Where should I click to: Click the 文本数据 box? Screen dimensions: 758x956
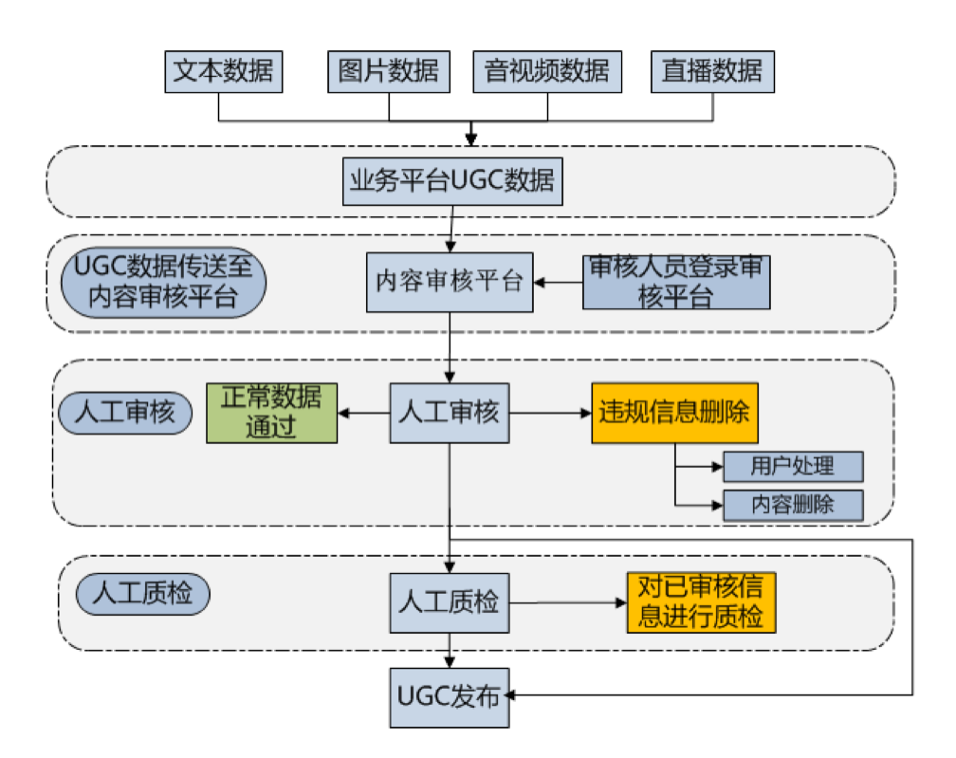pyautogui.click(x=224, y=70)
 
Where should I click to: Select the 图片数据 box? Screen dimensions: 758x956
pyautogui.click(x=389, y=70)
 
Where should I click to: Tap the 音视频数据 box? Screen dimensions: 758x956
pyautogui.click(x=547, y=70)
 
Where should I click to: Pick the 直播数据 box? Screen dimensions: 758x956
pyautogui.click(x=712, y=70)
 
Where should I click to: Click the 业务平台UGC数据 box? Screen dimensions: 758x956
pyautogui.click(x=451, y=180)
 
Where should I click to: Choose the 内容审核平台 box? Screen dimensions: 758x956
pyautogui.click(x=450, y=282)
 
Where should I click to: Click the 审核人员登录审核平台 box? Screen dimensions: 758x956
pyautogui.click(x=675, y=282)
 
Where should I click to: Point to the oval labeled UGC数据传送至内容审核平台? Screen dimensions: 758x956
pyautogui.click(x=163, y=283)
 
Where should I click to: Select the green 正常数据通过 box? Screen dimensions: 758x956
pyautogui.click(x=272, y=413)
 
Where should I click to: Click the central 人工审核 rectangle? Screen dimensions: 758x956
pyautogui.click(x=450, y=413)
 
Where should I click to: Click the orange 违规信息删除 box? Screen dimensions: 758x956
pyautogui.click(x=675, y=413)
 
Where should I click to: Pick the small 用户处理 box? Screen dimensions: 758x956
pyautogui.click(x=793, y=466)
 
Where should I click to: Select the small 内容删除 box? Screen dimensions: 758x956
pyautogui.click(x=793, y=505)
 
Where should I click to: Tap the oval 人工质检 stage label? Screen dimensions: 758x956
pyautogui.click(x=142, y=595)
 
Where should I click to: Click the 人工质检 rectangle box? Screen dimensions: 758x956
pyautogui.click(x=450, y=602)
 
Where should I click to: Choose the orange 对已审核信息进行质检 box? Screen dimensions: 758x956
pyautogui.click(x=701, y=602)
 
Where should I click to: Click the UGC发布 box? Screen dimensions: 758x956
pyautogui.click(x=450, y=697)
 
